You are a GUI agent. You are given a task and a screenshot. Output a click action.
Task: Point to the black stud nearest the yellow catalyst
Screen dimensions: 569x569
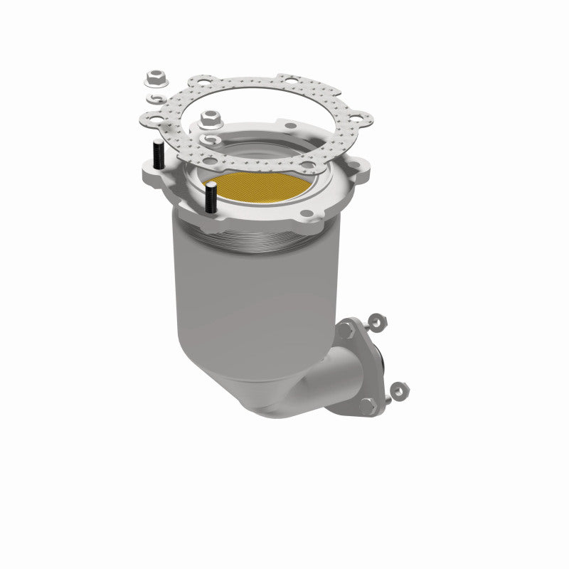tap(211, 198)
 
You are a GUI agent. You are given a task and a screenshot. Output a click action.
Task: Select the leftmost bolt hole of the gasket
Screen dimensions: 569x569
tap(152, 116)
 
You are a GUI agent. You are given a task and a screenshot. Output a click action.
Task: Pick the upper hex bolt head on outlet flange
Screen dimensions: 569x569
tap(346, 329)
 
